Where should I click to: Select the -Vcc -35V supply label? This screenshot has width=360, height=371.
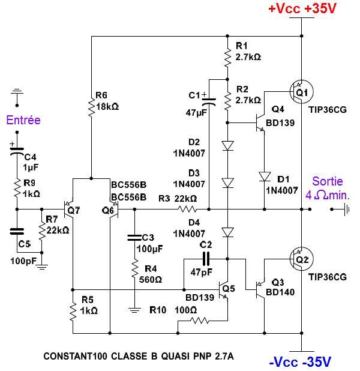pyautogui.click(x=300, y=361)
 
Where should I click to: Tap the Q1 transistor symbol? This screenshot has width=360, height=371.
pyautogui.click(x=299, y=92)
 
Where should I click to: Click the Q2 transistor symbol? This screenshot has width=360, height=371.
pyautogui.click(x=299, y=259)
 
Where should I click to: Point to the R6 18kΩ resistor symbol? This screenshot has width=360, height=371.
pyautogui.click(x=91, y=106)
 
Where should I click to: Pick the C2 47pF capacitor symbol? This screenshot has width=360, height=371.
pyautogui.click(x=206, y=259)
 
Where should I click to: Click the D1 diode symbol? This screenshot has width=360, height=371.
pyautogui.click(x=264, y=176)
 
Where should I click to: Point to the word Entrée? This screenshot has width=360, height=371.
pyautogui.click(x=23, y=120)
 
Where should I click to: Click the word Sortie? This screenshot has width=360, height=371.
pyautogui.click(x=326, y=181)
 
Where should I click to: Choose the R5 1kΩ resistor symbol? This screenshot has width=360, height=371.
pyautogui.click(x=72, y=311)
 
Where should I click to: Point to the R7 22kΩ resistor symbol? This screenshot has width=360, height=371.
pyautogui.click(x=42, y=229)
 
